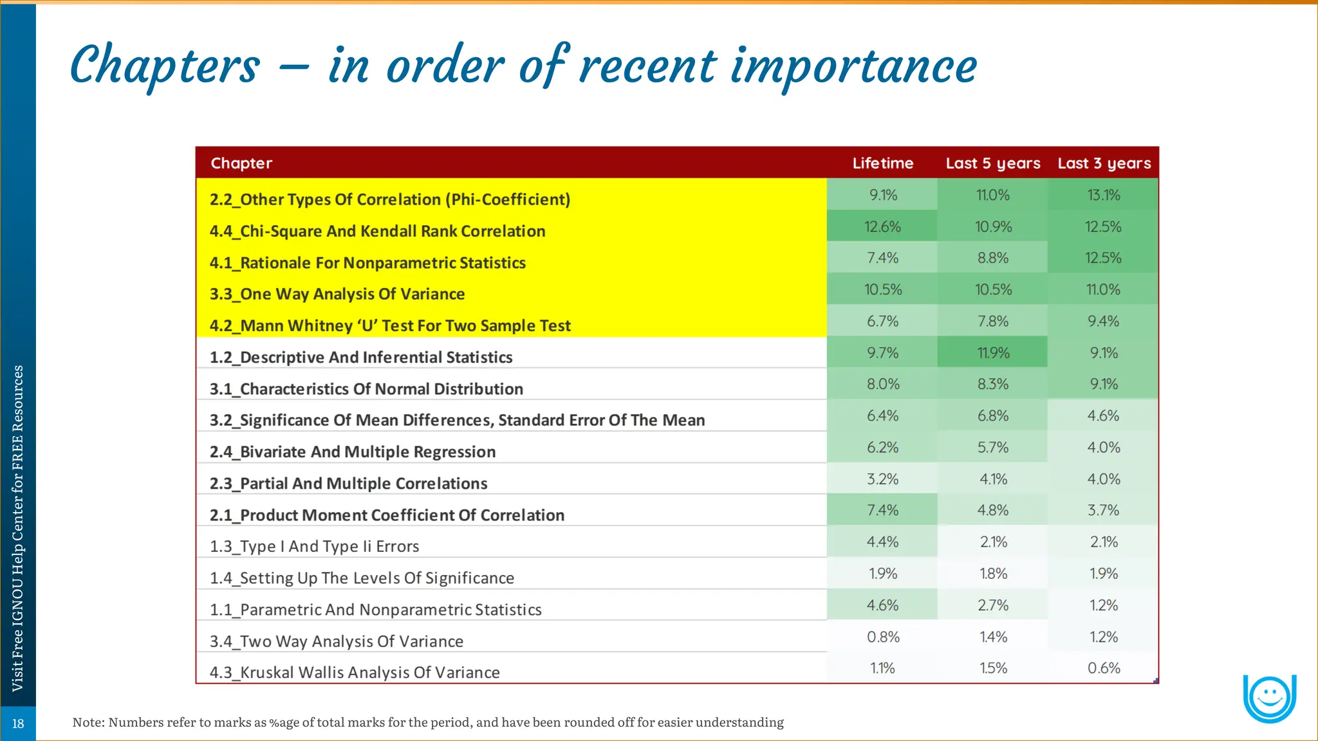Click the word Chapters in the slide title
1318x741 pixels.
(165, 66)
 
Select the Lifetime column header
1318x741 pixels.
(882, 163)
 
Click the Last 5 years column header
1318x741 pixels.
(992, 163)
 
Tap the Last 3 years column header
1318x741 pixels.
(1104, 163)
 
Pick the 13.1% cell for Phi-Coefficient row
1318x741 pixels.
(1103, 195)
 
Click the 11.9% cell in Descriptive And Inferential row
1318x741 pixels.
(993, 353)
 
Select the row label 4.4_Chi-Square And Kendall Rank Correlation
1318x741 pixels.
(377, 231)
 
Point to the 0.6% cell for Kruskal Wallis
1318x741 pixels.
(1103, 668)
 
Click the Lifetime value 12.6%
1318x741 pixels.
(882, 227)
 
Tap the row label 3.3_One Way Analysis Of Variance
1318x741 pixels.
(337, 294)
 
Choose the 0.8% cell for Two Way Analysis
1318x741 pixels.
(883, 637)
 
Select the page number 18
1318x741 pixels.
(18, 724)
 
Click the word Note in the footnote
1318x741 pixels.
(87, 722)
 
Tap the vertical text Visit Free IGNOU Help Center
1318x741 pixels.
(18, 527)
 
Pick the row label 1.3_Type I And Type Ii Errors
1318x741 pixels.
(314, 546)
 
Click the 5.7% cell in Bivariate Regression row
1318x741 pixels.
(993, 448)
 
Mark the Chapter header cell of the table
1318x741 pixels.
(241, 163)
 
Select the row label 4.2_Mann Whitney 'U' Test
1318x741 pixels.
(389, 325)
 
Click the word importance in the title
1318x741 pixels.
(853, 66)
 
